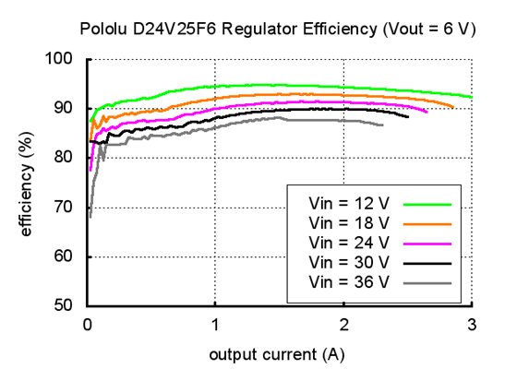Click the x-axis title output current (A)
(x=279, y=354)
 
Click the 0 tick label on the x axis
(x=88, y=324)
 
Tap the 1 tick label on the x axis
(x=215, y=324)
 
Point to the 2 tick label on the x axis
(x=343, y=324)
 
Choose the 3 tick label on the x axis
(x=472, y=324)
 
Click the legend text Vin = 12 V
(x=349, y=202)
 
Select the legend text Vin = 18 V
(x=349, y=222)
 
